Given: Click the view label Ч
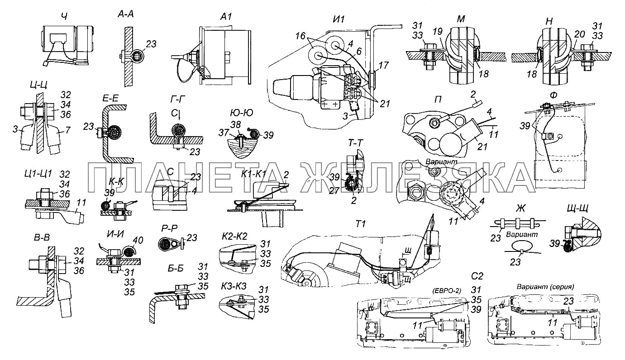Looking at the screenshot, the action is tap(64, 17).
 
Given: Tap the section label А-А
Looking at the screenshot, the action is tap(125, 14).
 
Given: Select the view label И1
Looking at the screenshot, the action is tap(339, 19).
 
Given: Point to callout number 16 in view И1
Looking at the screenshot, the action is tap(301, 36).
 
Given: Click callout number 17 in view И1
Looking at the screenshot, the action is tap(384, 65).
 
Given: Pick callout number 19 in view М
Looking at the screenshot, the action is tap(437, 31).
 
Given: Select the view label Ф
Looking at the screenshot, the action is tap(553, 95).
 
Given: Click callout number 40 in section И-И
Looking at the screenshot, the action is tap(138, 240).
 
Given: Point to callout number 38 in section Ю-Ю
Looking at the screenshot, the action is tap(235, 125).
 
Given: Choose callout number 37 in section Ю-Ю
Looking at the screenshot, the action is tap(224, 133).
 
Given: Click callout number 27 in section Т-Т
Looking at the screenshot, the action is tap(343, 190).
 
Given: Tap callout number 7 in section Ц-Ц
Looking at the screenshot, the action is tap(67, 130).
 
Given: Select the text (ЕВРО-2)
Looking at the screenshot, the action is tap(447, 290).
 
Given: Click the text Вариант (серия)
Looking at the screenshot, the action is tap(545, 287).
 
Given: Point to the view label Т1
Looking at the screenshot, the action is tap(361, 224).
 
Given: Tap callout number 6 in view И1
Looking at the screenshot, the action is tap(359, 51).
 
